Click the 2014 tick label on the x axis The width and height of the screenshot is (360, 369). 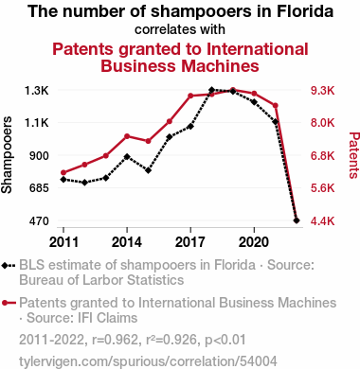pos(127,242)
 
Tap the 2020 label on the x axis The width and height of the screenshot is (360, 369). pos(254,242)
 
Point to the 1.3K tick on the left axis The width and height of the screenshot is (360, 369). pos(37,91)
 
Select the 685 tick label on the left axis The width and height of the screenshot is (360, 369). pos(39,188)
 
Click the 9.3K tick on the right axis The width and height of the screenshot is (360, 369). pos(322,91)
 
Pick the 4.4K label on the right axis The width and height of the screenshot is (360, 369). pos(322,221)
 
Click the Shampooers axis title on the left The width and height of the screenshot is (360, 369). pos(7,155)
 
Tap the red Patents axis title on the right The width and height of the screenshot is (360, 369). pos(354,155)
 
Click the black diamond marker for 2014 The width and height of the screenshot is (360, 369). pos(127,157)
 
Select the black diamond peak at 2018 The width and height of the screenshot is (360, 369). pos(211,90)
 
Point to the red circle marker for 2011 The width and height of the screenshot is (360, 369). pos(63,172)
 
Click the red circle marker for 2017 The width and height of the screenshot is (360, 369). pos(190,96)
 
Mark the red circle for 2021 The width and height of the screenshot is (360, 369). pos(275,105)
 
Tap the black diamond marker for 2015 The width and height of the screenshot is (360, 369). pos(148,170)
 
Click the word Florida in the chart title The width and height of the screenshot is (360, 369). pos(305,11)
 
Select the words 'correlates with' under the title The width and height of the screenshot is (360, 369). pos(180,29)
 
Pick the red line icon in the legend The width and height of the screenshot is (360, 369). pos(9,303)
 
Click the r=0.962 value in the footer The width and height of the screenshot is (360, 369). pos(116,340)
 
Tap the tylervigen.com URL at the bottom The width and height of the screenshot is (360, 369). pos(148,361)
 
